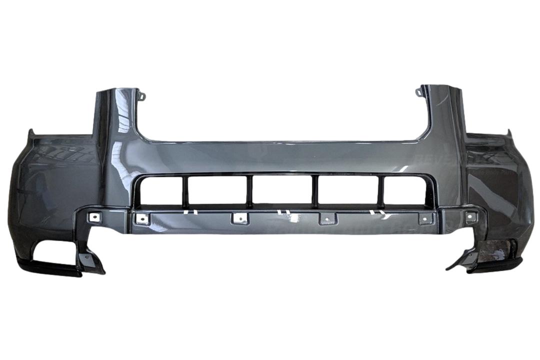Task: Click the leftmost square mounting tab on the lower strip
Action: pos(93,217)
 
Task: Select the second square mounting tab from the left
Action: pos(142,218)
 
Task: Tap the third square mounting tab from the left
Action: pos(238,218)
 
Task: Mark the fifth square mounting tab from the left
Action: pos(425,218)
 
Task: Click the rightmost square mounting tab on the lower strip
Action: pos(469,216)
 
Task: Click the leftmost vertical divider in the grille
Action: pos(185,191)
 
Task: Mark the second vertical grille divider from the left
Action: pos(249,191)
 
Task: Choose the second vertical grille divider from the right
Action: pos(316,191)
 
